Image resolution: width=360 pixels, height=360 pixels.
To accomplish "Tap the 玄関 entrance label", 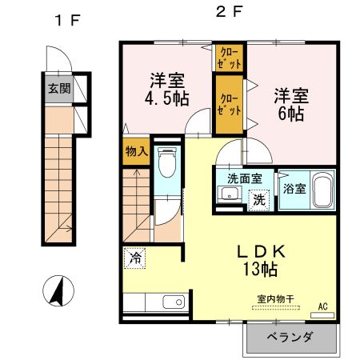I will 58,89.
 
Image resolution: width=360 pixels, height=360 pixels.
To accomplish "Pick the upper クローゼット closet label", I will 230,57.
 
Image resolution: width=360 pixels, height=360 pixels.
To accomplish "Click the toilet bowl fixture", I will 167,165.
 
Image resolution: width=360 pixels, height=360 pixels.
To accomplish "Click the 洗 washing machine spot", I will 259,199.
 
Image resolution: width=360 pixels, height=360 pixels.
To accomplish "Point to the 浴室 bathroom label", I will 293,190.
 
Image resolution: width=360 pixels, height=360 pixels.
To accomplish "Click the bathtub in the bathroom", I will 321,192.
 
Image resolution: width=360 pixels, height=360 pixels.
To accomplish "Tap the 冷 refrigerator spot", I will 135,258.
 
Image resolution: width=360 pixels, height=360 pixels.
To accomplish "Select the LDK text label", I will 260,251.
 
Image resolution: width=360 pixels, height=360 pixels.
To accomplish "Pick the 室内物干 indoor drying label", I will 275,299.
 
